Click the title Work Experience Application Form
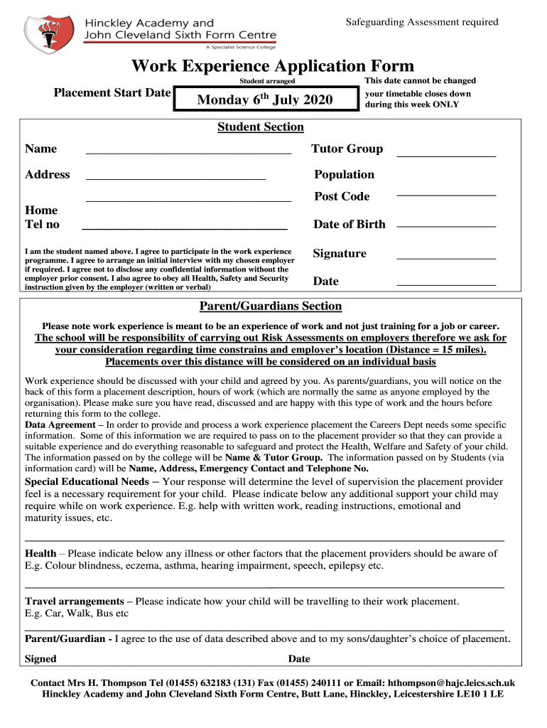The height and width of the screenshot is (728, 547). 272,66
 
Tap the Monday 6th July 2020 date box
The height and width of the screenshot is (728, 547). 264,100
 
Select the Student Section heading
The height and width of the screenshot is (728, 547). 260,127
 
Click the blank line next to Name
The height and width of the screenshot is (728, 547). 188,151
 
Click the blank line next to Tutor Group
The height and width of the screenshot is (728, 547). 445,153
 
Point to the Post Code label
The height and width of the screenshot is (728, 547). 342,196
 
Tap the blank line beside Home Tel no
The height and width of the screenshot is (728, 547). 185,227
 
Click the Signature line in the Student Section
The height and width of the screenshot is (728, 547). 445,257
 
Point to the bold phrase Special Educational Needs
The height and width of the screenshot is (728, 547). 87,481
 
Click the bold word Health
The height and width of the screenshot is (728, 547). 40,553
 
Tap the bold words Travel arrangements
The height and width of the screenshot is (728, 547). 74,601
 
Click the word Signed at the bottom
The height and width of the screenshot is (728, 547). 40,658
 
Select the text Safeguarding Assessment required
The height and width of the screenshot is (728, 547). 422,22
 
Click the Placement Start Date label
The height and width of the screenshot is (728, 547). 112,92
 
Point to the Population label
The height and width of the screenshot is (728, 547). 344,175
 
